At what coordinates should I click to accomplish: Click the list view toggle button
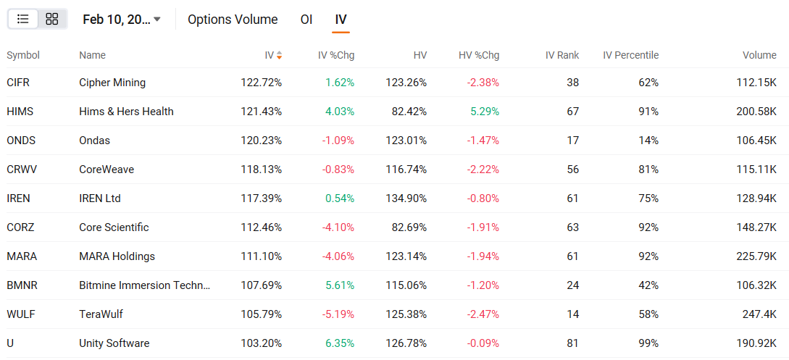[23, 19]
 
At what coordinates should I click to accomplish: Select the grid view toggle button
[52, 19]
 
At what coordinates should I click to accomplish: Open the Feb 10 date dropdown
[122, 19]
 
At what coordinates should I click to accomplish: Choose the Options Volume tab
[233, 19]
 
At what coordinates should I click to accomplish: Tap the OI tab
[306, 19]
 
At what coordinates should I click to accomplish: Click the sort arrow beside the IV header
[279, 55]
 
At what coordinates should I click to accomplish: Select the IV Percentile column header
[630, 55]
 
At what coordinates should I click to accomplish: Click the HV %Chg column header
[479, 55]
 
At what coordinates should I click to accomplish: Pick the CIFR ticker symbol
[18, 83]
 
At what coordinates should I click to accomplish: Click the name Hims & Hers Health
[126, 111]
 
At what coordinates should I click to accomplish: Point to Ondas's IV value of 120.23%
[261, 141]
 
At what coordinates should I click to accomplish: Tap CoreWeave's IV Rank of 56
[572, 169]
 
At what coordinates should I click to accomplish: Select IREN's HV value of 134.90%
[406, 198]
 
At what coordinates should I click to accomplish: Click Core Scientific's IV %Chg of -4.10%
[338, 227]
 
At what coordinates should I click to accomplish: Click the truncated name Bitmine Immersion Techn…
[144, 285]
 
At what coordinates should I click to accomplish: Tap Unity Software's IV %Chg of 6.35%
[340, 343]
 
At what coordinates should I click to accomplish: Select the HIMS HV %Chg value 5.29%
[485, 111]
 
